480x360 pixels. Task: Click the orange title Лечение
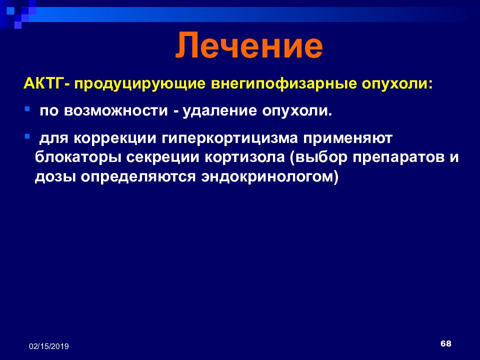[249, 46]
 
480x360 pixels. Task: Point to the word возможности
[116, 111]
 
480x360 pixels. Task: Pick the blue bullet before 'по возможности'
[27, 108]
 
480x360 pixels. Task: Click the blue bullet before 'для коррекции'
[27, 135]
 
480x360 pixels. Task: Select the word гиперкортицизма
[230, 139]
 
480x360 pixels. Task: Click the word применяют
[348, 139]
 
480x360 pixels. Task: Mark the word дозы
[55, 177]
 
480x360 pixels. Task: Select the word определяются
[138, 177]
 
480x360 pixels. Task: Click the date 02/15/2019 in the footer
[49, 346]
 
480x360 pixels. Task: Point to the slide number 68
[445, 344]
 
